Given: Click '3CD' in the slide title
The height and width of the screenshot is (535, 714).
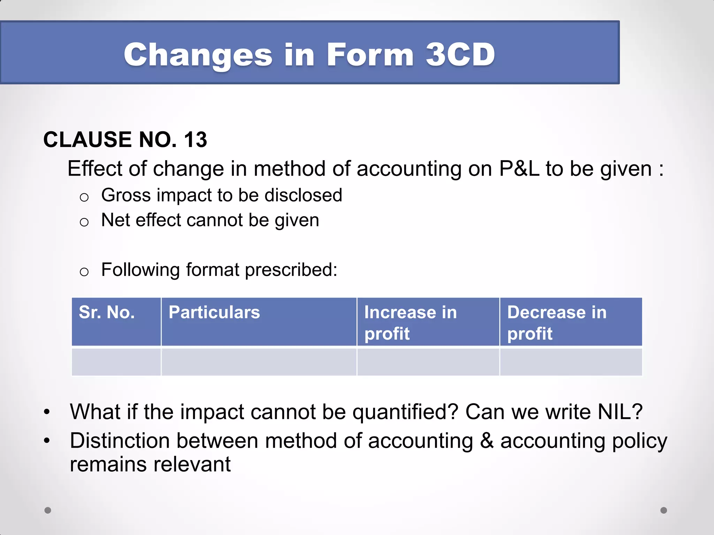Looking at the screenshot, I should click(x=460, y=55).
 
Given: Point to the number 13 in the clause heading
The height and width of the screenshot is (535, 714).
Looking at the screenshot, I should click(x=195, y=140).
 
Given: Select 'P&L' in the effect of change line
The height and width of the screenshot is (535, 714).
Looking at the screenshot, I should click(x=519, y=169).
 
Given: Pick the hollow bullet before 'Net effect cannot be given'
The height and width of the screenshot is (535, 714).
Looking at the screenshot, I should click(x=84, y=222).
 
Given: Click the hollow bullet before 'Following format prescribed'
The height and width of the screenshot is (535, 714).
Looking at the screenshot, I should click(x=84, y=272).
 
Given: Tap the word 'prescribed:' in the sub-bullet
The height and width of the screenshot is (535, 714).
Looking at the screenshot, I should click(x=291, y=270).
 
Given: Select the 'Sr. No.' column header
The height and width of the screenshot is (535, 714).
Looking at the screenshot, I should click(x=107, y=312).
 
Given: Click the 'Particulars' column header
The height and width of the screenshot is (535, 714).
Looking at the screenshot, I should click(x=214, y=312).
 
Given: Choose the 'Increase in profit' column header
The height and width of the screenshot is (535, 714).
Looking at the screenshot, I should click(x=410, y=323).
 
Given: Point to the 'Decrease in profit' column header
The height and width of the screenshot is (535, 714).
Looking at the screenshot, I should click(x=557, y=323).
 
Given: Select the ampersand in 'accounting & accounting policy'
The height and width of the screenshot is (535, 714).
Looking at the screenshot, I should click(x=487, y=441).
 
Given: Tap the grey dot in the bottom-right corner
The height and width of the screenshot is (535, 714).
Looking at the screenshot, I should click(x=663, y=510).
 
